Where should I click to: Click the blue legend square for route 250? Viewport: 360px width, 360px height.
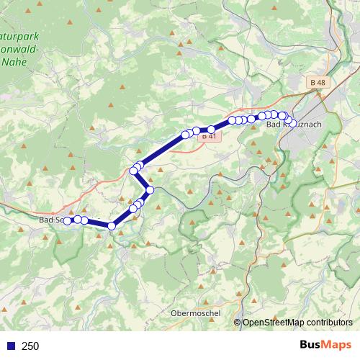[x=10, y=346]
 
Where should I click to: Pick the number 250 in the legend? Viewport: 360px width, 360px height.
[x=30, y=346]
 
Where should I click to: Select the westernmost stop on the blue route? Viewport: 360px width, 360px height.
[x=68, y=221]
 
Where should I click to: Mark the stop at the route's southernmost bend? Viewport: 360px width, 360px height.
[x=112, y=226]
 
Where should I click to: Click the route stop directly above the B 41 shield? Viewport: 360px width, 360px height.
[x=211, y=130]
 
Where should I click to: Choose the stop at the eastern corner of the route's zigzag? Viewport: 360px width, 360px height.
[x=150, y=190]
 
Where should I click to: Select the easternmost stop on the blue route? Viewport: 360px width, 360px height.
[x=289, y=121]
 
